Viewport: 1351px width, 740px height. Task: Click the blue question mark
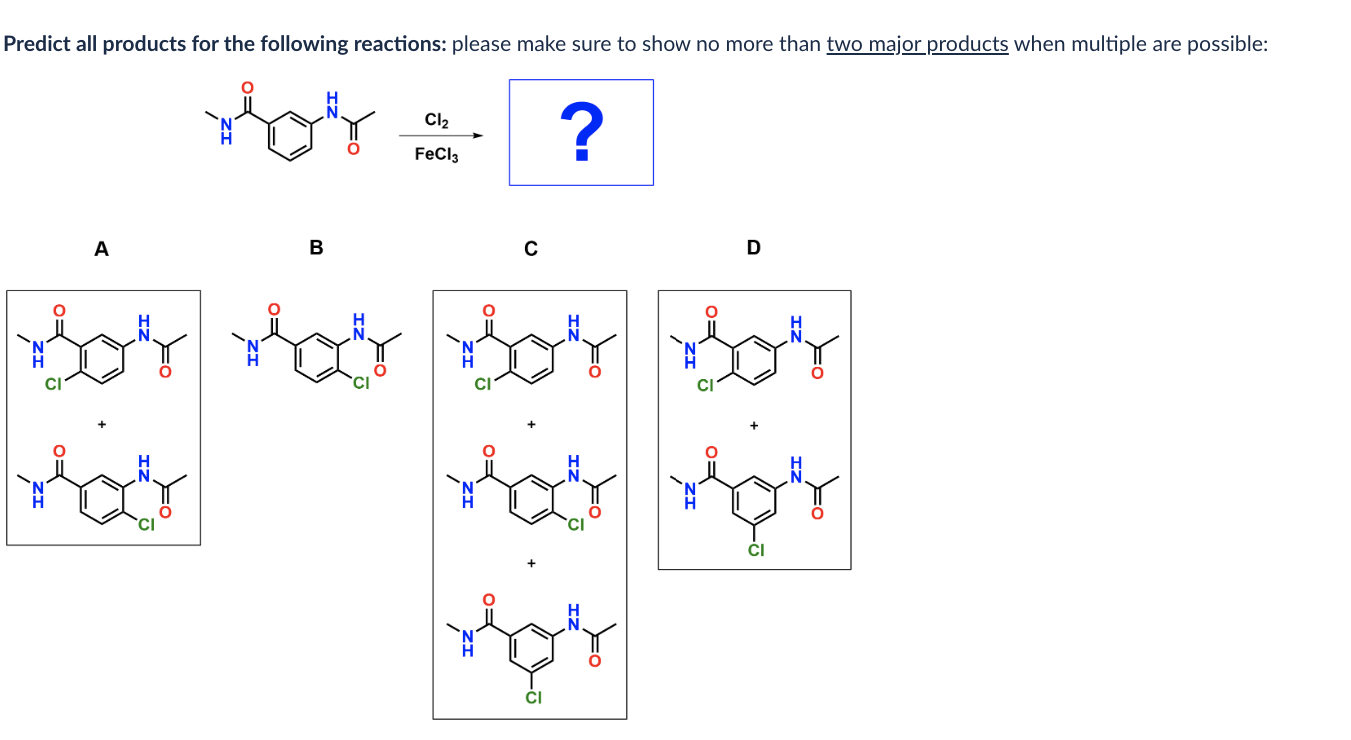pos(580,134)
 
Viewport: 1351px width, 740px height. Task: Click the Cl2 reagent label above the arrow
pos(437,120)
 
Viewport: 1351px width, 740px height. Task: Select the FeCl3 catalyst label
pos(436,155)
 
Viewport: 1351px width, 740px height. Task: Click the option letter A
pos(101,248)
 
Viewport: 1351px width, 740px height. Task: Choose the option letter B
pos(316,248)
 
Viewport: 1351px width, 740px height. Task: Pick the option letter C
pos(530,248)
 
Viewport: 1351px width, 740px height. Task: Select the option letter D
pos(753,248)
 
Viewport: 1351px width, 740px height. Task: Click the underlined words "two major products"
pos(917,45)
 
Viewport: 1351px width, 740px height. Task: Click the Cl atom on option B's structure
pos(360,381)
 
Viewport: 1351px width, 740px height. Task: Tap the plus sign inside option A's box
pos(101,424)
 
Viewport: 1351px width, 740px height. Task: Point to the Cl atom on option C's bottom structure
pos(533,697)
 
